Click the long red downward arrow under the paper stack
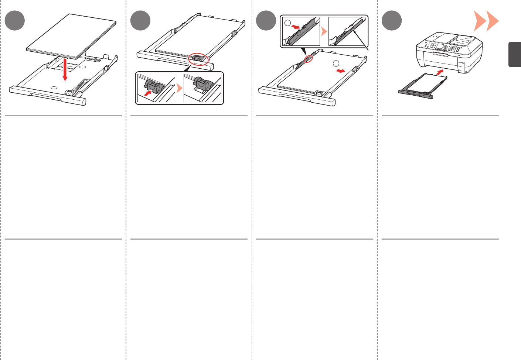tap(65, 69)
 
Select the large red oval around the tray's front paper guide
tap(199, 59)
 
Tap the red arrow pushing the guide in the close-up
tap(148, 94)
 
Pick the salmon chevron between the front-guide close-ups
tap(179, 88)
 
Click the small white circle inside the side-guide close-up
tap(288, 23)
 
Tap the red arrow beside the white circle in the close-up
tap(296, 27)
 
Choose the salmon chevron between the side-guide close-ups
tap(324, 31)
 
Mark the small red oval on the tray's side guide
tap(308, 58)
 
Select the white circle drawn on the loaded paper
tap(336, 63)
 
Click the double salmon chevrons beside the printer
tap(486, 21)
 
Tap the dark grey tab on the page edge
tap(514, 54)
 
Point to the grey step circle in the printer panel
tap(392, 21)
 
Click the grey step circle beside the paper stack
tap(15, 21)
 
